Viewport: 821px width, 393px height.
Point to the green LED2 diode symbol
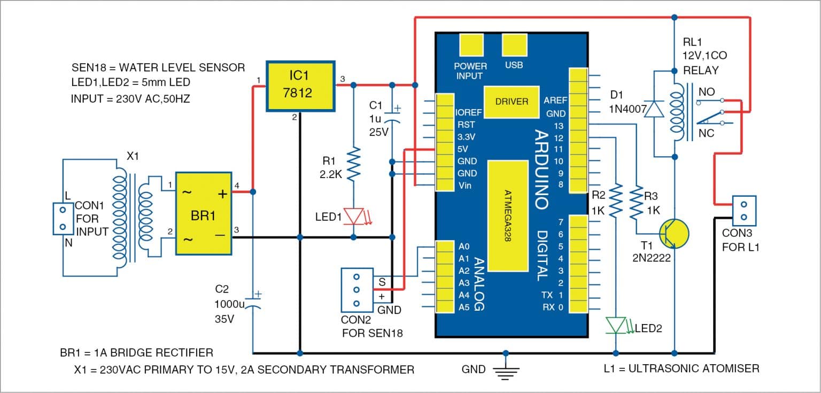point(617,325)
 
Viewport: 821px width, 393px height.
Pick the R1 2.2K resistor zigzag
point(353,166)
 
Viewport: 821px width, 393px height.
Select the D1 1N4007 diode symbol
point(655,109)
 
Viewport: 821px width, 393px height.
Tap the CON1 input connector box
point(63,219)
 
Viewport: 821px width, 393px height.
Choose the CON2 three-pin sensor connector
point(357,290)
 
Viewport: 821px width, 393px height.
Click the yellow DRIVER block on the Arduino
point(512,102)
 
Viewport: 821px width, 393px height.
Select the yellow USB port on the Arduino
point(514,45)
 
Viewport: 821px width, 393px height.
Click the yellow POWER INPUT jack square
point(471,46)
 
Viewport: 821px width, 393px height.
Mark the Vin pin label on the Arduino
point(464,185)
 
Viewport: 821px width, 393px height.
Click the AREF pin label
point(555,101)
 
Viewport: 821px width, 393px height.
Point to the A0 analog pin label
point(463,247)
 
